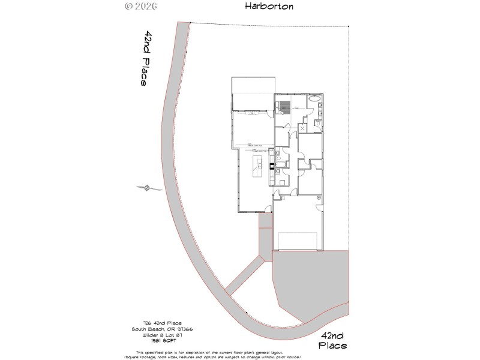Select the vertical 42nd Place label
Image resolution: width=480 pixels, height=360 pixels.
[x=145, y=58]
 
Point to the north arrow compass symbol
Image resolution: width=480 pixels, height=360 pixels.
[x=146, y=189]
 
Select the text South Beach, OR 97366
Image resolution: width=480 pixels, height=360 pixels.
[x=162, y=329]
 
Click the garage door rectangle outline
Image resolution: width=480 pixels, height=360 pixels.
[x=298, y=240]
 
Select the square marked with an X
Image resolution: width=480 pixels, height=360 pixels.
[x=302, y=127]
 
